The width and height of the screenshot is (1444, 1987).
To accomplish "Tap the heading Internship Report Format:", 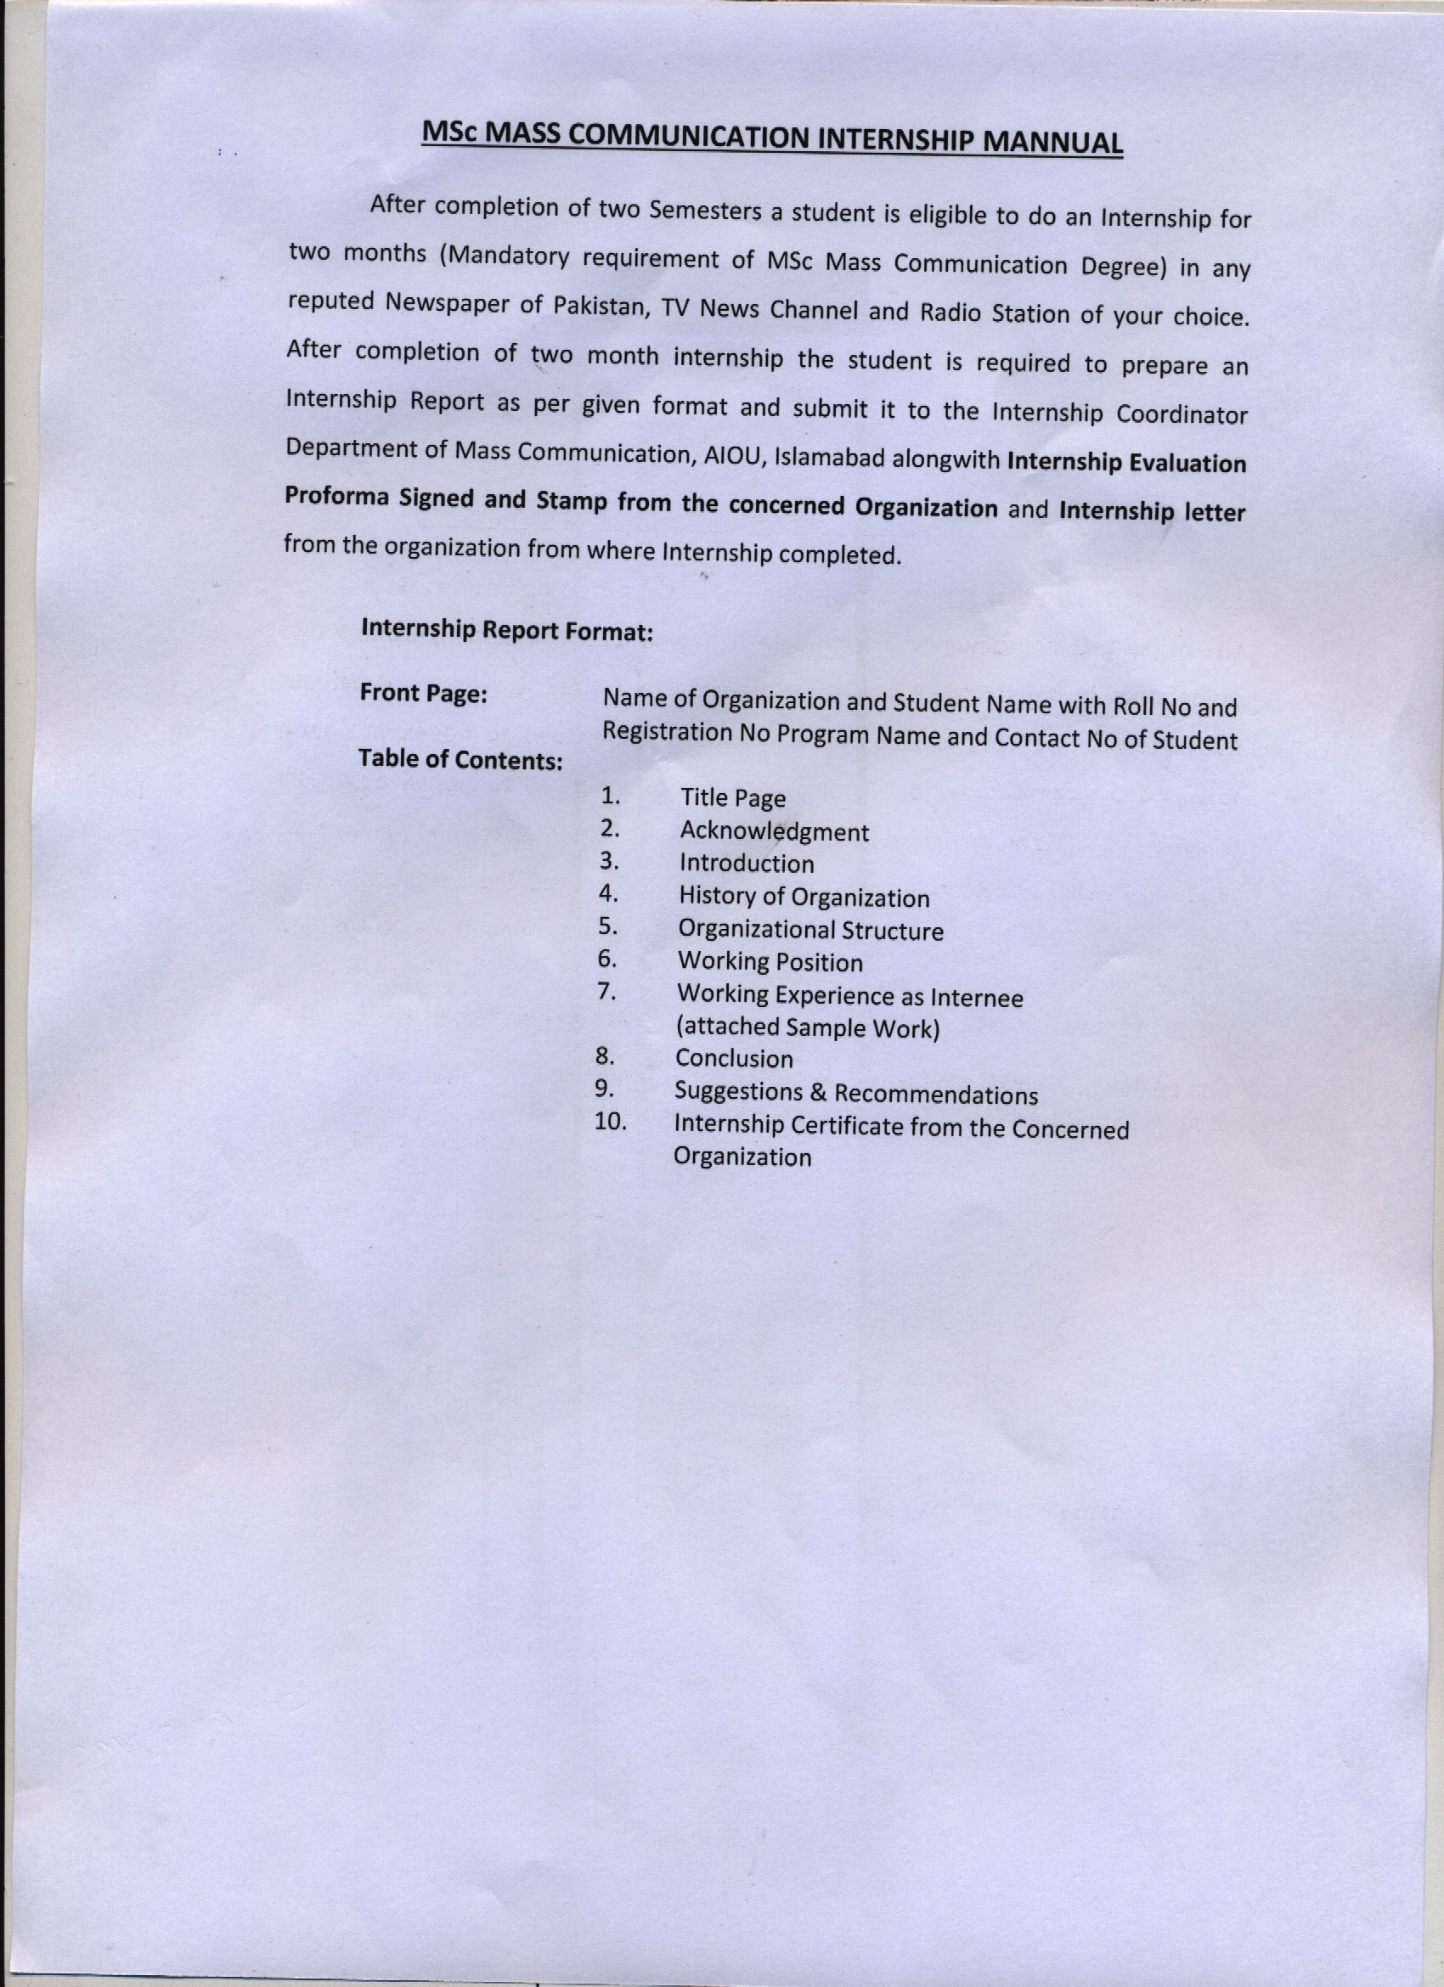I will [506, 630].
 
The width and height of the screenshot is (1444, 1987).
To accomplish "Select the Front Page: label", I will [423, 694].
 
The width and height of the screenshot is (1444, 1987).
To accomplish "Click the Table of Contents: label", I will [460, 760].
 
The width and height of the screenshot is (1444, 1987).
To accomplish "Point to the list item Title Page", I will [732, 798].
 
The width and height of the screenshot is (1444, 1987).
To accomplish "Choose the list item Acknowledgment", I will [774, 831].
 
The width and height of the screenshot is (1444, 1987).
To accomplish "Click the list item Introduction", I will [747, 864].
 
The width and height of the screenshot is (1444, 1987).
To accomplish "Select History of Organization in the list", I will [804, 898].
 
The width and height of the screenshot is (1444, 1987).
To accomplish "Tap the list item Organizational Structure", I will [810, 931].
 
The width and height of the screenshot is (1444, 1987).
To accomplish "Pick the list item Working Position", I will [770, 963].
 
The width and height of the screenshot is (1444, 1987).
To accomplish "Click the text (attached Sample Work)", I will [807, 1027].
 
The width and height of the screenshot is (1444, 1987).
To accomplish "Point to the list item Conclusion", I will [733, 1059].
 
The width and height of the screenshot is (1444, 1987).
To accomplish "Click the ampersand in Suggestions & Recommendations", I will [818, 1094].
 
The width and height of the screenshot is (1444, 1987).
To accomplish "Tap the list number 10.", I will [610, 1123].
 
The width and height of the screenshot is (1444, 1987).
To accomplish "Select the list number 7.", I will [606, 992].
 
